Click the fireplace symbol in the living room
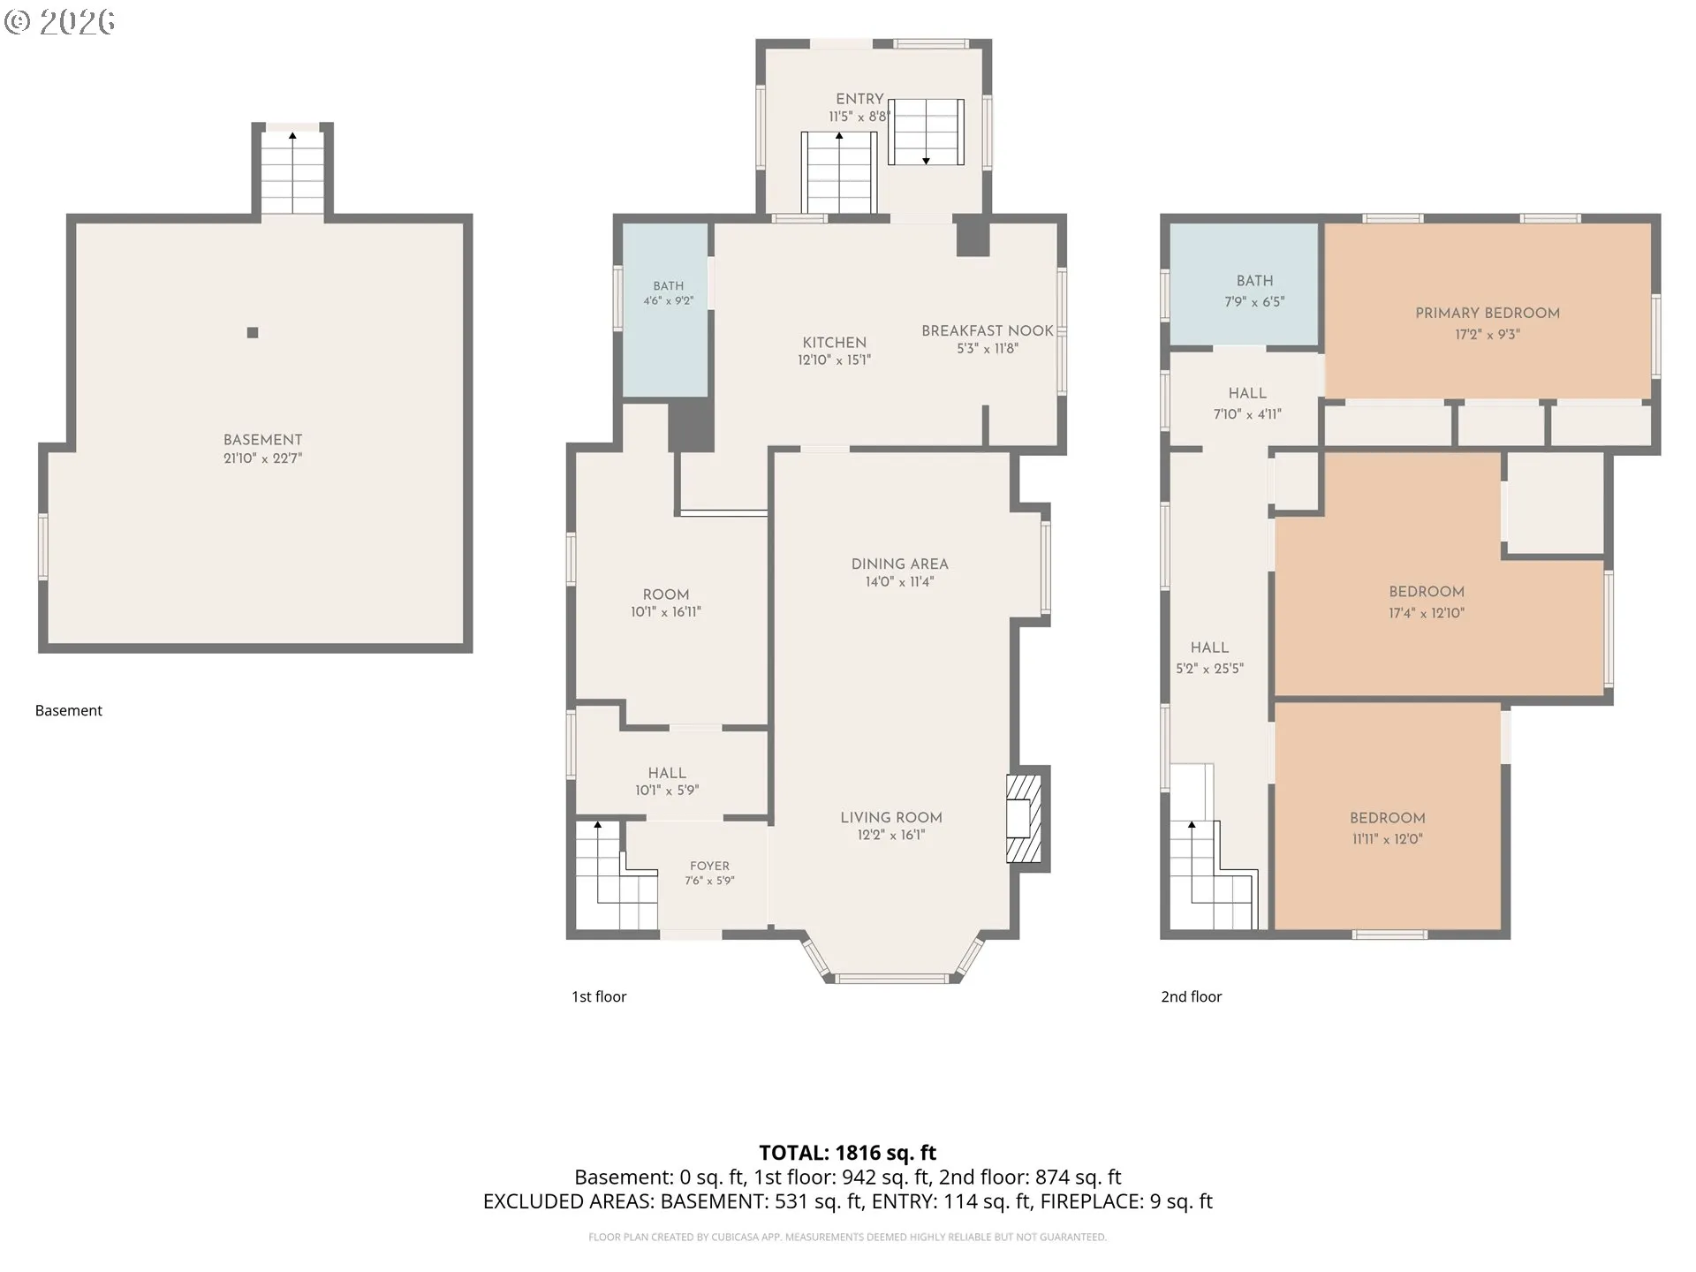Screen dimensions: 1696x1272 click(1025, 819)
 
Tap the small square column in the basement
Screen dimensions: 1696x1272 click(253, 333)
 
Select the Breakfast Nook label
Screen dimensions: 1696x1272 click(988, 330)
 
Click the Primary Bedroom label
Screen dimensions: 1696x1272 click(1488, 313)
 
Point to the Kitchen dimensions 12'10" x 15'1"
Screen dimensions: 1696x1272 click(834, 360)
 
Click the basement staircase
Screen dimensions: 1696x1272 click(292, 172)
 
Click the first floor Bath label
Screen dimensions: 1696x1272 click(669, 285)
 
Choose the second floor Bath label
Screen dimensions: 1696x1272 click(1254, 281)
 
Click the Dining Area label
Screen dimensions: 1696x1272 click(899, 564)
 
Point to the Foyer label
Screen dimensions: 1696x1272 click(709, 866)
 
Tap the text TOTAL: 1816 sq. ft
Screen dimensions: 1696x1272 click(847, 1153)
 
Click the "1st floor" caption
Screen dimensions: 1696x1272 click(599, 996)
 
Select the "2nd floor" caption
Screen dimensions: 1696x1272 click(1191, 996)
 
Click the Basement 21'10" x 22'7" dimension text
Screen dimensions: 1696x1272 click(262, 458)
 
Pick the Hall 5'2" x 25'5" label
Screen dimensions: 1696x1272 click(1209, 658)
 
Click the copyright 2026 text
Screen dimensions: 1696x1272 click(59, 22)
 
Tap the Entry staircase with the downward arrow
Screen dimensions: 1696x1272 click(926, 132)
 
